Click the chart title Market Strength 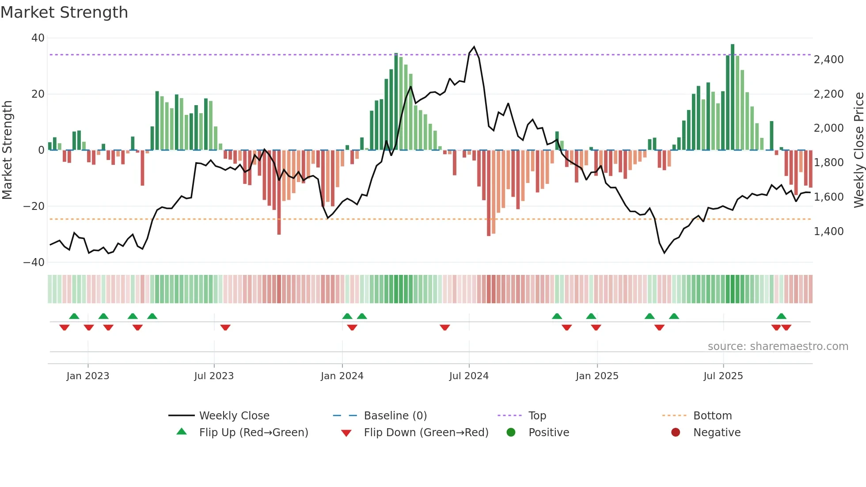64,12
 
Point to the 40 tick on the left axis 38,38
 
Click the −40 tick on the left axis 34,262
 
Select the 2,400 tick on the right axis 828,60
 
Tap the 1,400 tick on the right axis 828,231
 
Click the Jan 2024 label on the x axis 342,376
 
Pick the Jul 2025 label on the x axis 723,376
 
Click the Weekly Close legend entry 234,416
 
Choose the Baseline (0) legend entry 395,416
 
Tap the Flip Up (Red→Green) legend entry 253,433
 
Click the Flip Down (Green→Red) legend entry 426,433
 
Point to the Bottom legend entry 712,416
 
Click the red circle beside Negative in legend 675,433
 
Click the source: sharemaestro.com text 778,346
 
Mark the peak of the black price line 474,47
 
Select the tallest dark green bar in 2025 732,97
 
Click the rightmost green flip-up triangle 781,316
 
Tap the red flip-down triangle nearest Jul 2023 225,327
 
